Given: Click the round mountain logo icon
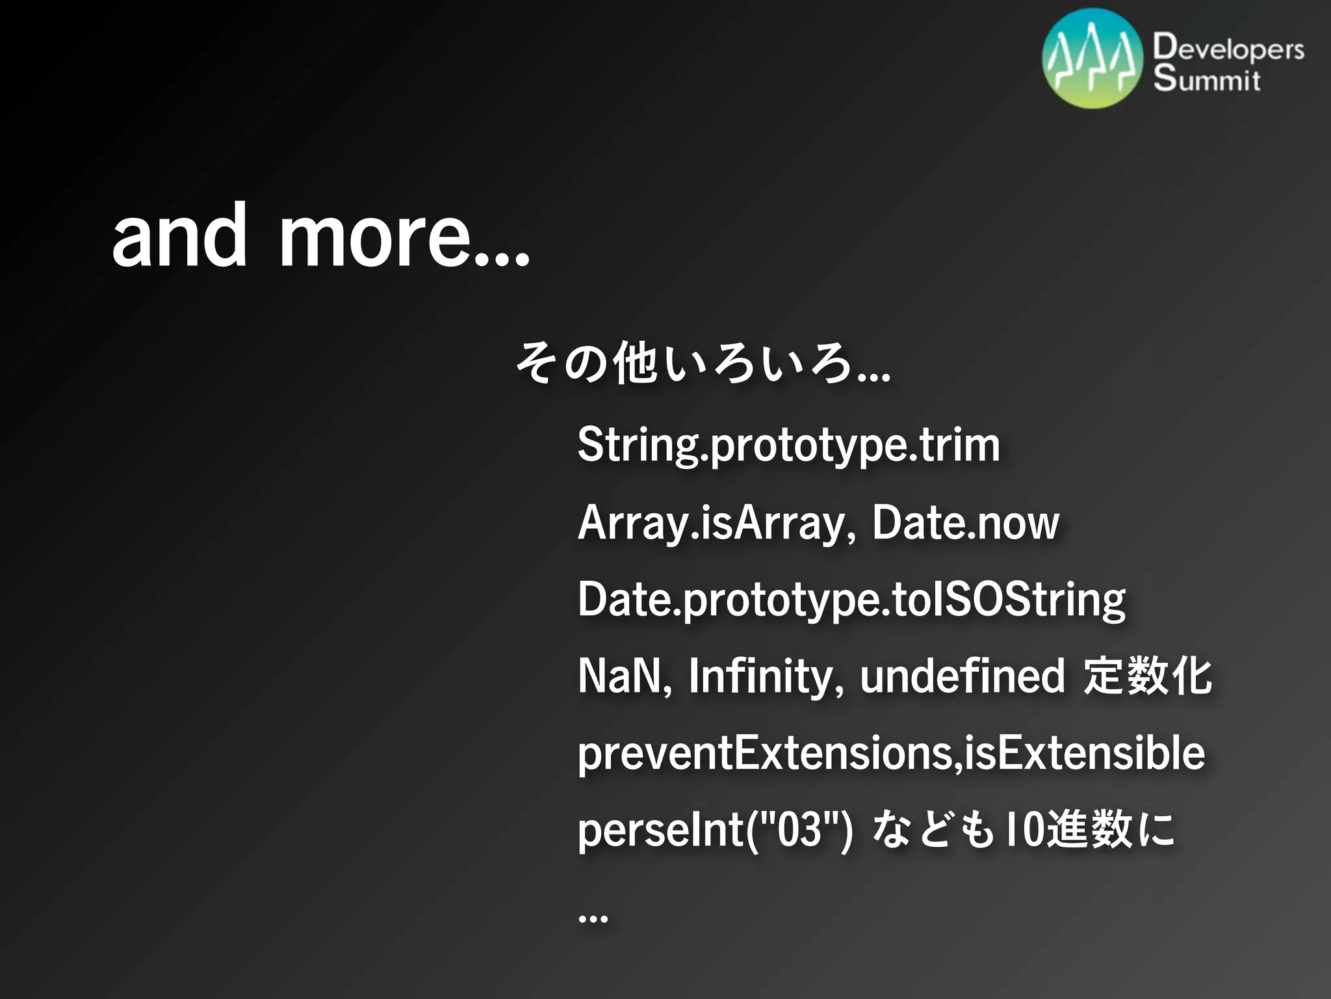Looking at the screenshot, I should (x=1092, y=59).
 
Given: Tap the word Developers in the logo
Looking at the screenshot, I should (x=1228, y=49).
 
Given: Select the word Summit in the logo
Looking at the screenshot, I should (x=1207, y=79).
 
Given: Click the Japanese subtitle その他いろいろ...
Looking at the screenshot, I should (x=702, y=363).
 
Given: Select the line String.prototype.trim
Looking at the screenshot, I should (x=788, y=446).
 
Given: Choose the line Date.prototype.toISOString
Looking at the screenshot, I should (x=851, y=600).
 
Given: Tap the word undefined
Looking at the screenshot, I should (x=962, y=676).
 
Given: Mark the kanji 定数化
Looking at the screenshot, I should (x=1147, y=676).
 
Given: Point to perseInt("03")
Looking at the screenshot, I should (x=715, y=831).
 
